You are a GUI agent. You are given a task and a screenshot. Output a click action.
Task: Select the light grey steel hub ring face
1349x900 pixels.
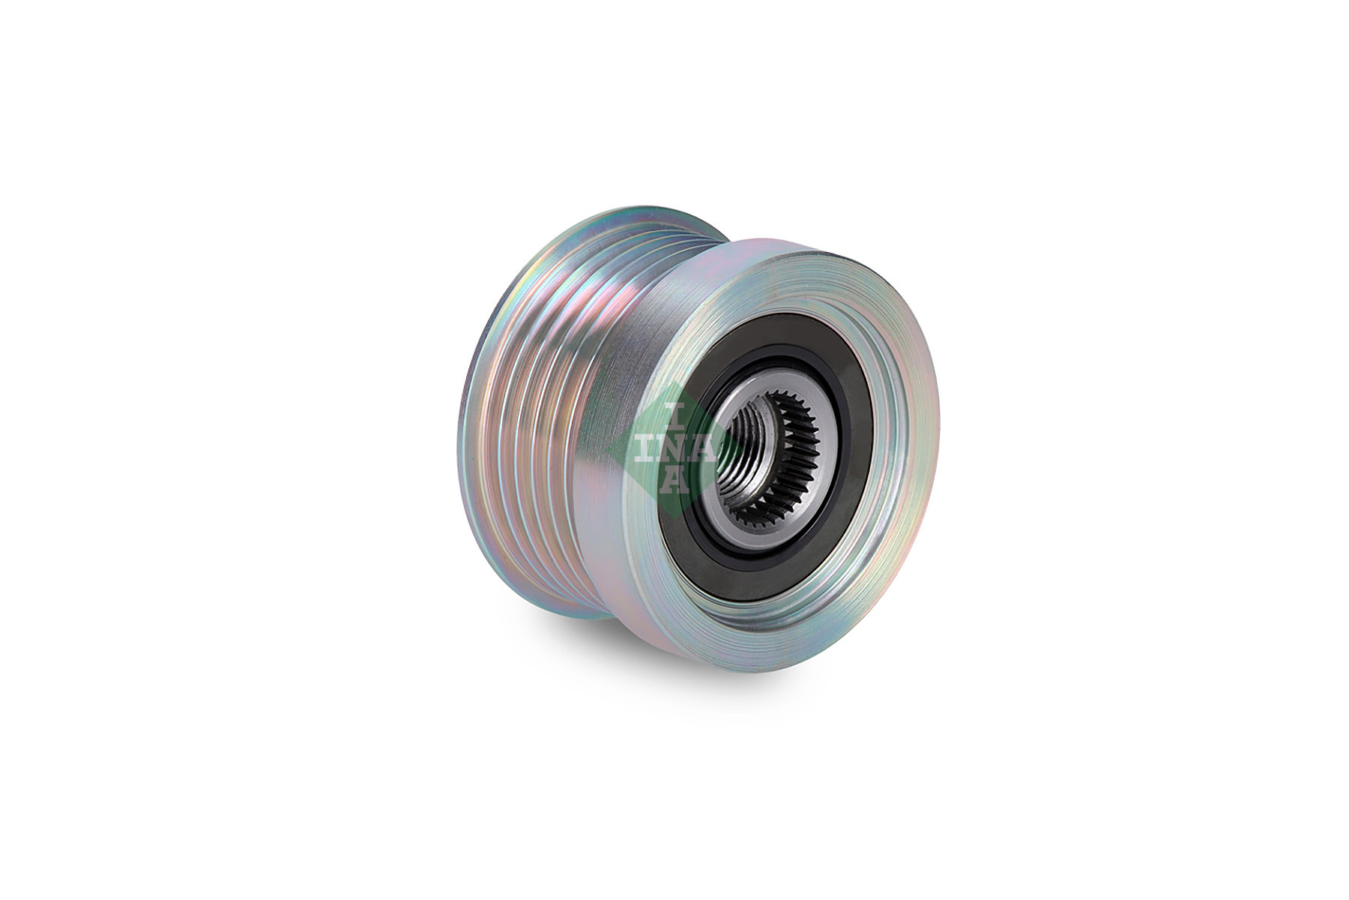coord(817,465)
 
